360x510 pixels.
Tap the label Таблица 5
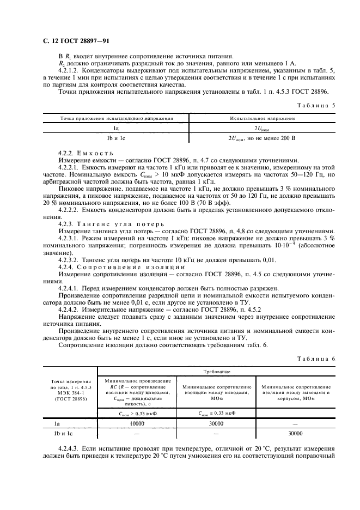(314, 105)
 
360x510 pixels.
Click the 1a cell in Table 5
(116, 129)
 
